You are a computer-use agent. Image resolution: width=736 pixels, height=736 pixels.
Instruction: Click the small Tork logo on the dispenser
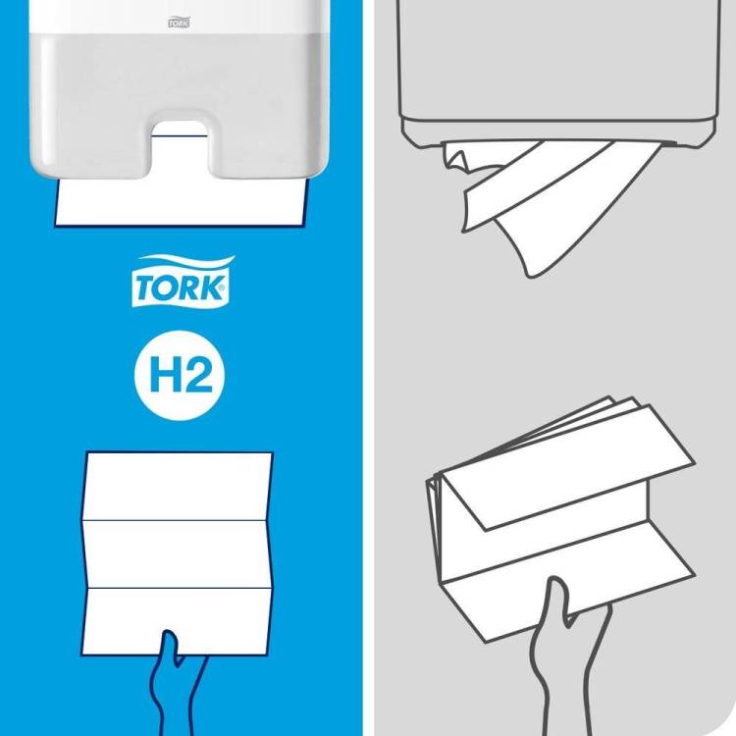click(179, 23)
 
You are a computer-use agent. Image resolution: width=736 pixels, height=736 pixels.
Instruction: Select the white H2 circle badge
click(180, 375)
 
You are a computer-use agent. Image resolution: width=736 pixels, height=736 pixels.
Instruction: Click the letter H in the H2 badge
click(164, 374)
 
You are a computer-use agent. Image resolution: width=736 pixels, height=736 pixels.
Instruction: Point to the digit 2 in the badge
click(197, 374)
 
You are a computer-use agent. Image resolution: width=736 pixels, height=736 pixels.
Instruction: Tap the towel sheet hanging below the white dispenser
click(181, 203)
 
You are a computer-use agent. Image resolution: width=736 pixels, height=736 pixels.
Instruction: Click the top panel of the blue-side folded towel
click(179, 487)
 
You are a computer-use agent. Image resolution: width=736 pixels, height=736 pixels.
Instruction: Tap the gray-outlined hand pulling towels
click(568, 666)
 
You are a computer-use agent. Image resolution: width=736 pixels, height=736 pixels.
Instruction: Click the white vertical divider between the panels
click(368, 368)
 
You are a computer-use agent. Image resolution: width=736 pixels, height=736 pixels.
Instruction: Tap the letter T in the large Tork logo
click(146, 288)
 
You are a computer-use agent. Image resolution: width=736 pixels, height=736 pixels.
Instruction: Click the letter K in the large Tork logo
click(212, 288)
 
